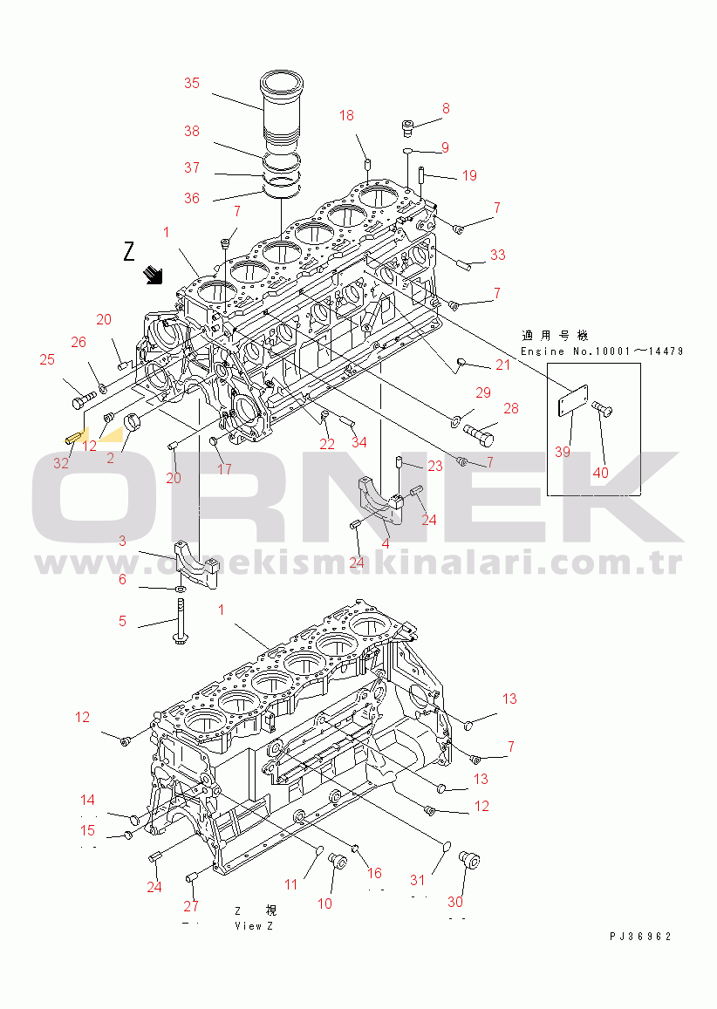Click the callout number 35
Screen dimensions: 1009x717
coord(191,84)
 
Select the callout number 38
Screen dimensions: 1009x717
coord(191,132)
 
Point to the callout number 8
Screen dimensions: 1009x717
coord(446,109)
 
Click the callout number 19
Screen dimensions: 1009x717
coord(469,176)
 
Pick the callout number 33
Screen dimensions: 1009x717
coord(497,256)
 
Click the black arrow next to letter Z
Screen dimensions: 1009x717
coord(154,276)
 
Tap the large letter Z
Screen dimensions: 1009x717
coord(129,253)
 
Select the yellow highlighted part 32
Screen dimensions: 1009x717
coord(74,434)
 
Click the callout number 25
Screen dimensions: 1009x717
coord(47,358)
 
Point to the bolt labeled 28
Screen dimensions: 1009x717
coord(480,431)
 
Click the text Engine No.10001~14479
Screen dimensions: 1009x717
coord(602,351)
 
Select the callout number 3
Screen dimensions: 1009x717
coord(122,542)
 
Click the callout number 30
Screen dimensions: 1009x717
coord(455,902)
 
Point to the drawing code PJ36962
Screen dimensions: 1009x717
coord(640,937)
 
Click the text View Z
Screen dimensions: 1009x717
coord(254,925)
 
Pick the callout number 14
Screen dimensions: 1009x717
coord(88,800)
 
